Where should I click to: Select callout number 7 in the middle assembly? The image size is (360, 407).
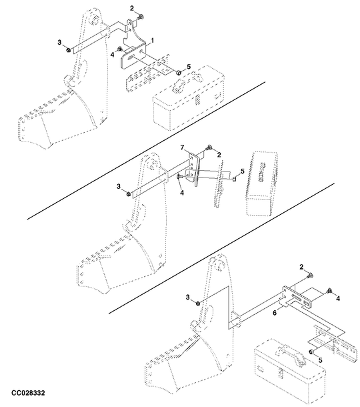point(181,147)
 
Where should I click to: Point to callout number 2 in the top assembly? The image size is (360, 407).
point(132,8)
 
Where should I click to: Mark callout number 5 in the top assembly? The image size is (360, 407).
point(189,67)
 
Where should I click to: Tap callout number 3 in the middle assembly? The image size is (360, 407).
point(119,186)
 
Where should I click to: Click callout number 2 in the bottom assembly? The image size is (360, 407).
point(301,267)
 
